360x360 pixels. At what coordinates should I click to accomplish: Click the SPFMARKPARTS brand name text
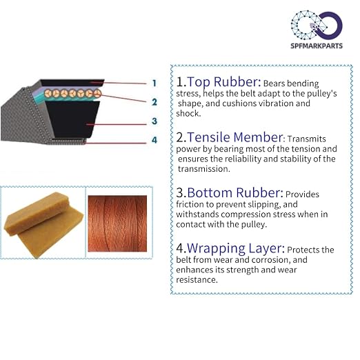pos(317,46)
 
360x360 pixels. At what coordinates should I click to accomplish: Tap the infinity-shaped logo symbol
pos(317,25)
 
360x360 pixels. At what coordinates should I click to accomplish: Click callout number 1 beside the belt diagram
pos(154,83)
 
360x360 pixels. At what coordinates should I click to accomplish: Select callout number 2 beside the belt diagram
pos(154,102)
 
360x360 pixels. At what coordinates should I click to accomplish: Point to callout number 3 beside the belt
pos(154,121)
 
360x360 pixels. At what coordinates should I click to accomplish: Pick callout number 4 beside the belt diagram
pos(154,140)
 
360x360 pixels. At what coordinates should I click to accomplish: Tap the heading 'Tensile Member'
pos(234,137)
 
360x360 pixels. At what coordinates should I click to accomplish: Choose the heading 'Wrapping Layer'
pos(234,248)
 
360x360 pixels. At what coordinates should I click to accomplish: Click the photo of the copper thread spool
pos(117,223)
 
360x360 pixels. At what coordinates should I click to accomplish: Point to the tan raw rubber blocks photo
pos(43,225)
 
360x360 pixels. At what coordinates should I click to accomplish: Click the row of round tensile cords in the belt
pos(73,93)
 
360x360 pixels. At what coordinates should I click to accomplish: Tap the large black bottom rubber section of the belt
pos(73,119)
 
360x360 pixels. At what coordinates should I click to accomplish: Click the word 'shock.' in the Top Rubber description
pos(188,113)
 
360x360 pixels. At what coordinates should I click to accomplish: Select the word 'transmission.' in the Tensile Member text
pos(204,169)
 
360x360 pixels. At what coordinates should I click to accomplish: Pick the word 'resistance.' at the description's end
pos(197,280)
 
